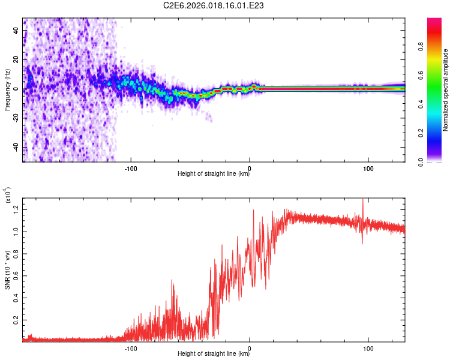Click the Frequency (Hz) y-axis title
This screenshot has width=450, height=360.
pyautogui.click(x=7, y=90)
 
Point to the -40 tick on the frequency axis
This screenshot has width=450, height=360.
pyautogui.click(x=15, y=147)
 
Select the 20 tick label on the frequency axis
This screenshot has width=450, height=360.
pyautogui.click(x=16, y=59)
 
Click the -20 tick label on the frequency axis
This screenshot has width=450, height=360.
pyautogui.click(x=15, y=118)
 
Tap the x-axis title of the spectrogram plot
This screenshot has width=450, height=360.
pyautogui.click(x=214, y=174)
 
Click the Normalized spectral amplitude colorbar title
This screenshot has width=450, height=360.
pyautogui.click(x=446, y=90)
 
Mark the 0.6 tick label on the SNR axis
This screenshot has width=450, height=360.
pyautogui.click(x=16, y=274)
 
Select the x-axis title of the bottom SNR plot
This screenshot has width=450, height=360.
pyautogui.click(x=214, y=354)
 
